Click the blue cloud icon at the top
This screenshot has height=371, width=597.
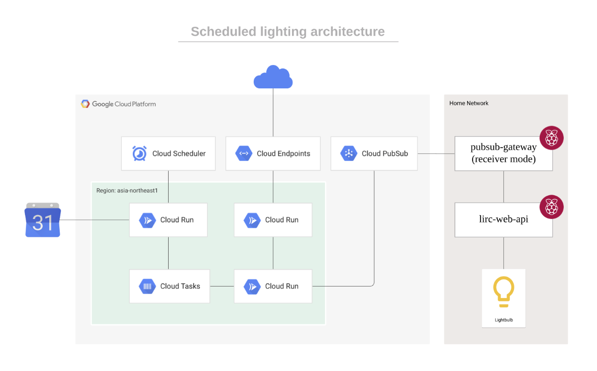coord(273,77)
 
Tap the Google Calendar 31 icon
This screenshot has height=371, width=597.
coord(43,220)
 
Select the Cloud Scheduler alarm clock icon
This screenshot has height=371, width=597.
coord(139,153)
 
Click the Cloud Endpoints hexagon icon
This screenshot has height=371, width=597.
coord(244,153)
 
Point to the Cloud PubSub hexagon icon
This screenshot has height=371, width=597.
coord(349,153)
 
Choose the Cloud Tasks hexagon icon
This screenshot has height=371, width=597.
coord(147,286)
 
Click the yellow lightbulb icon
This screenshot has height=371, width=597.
coord(503,292)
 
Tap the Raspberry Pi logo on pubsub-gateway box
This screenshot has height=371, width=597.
coord(551,138)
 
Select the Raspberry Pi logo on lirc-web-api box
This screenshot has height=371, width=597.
coord(551,207)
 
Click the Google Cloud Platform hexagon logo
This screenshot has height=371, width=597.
coord(85,104)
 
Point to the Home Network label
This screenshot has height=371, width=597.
coord(469,103)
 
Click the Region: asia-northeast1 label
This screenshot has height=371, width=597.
coord(127,191)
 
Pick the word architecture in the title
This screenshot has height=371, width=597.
coord(348,31)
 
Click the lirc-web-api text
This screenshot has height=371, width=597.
coord(503,219)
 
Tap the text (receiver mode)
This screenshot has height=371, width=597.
coord(503,159)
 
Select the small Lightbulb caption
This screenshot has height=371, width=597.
coord(503,320)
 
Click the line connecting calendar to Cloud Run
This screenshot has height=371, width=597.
coord(95,220)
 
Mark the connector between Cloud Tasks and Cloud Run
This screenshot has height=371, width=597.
coord(222,287)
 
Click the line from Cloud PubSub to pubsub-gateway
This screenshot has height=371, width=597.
coord(436,153)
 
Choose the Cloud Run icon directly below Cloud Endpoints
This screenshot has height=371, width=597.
coord(252,220)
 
